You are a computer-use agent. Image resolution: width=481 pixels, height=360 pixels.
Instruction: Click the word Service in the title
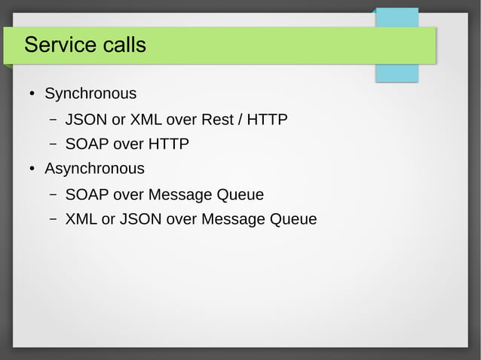pos(55,45)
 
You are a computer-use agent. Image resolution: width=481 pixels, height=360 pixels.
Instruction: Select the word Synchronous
pos(90,94)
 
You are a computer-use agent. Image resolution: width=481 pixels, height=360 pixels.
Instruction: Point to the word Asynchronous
pos(94,169)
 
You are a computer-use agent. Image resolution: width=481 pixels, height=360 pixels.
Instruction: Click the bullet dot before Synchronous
pos(32,95)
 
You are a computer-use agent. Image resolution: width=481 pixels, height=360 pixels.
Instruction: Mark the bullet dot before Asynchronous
pos(32,169)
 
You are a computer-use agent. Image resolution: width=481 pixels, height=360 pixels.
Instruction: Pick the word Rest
pos(217,120)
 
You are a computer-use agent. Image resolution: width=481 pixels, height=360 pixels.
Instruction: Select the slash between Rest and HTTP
pos(243,120)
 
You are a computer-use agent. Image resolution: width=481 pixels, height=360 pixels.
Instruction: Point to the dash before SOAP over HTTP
pos(54,144)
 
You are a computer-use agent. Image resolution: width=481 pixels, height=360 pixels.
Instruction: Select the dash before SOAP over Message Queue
pos(54,195)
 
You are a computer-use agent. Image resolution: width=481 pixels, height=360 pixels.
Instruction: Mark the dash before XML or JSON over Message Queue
pos(54,220)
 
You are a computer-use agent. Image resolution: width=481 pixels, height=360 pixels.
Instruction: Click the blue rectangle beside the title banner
pos(397,73)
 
